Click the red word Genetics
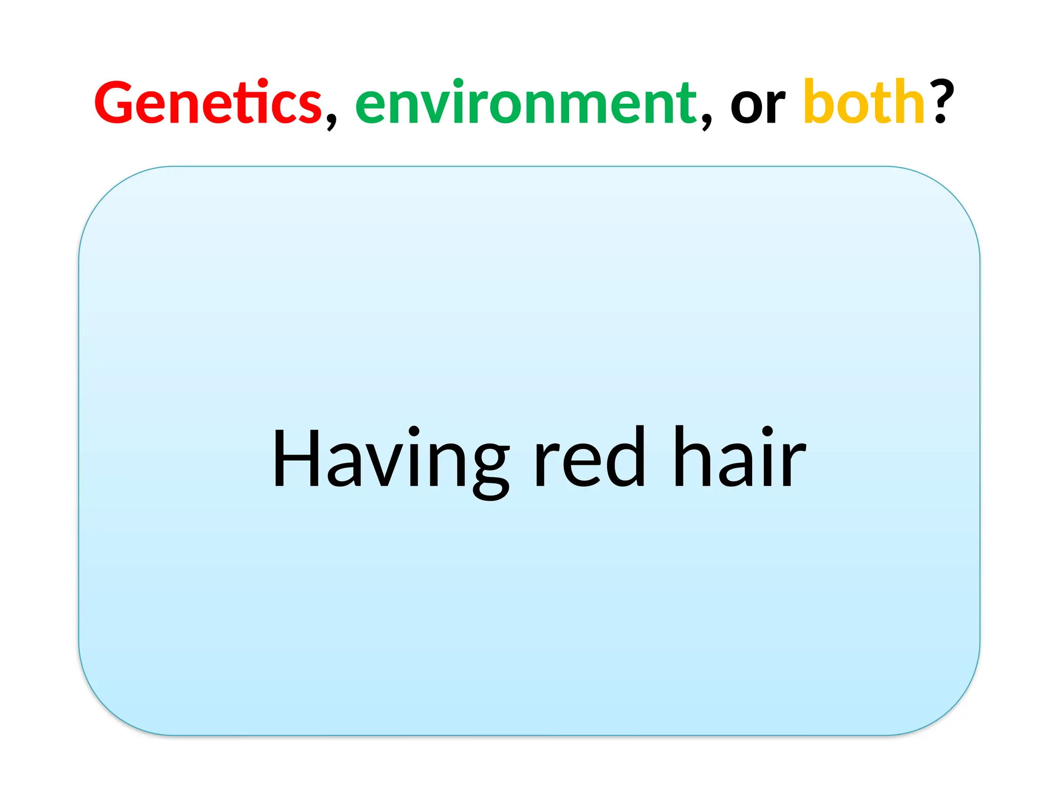(x=208, y=103)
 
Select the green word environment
(x=526, y=103)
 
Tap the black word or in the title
(x=757, y=105)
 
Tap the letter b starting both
(x=818, y=102)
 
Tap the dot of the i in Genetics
(x=262, y=82)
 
